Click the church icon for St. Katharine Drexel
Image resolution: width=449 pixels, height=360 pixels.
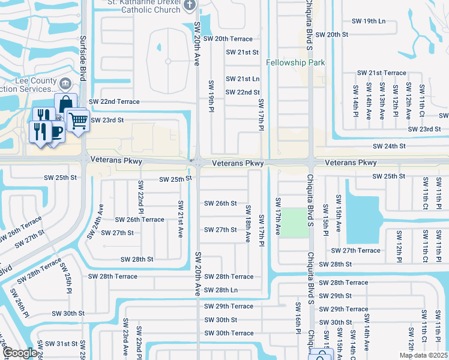click(190, 6)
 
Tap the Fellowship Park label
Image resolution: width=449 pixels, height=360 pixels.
click(295, 62)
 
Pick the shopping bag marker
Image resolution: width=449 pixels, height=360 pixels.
click(65, 104)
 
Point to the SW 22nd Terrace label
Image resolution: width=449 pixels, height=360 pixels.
click(114, 102)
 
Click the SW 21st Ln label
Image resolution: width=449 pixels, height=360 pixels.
click(243, 79)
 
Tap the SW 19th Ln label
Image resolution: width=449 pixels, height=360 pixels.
click(369, 21)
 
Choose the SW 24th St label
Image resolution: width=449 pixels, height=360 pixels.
click(389, 146)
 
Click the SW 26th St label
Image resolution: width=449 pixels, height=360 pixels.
click(220, 203)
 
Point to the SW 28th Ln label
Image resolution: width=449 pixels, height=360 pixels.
click(221, 290)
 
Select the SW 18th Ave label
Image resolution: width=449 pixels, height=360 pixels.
click(247, 223)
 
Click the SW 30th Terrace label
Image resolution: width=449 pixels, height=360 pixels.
click(229, 334)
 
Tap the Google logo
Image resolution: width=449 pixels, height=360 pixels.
click(20, 353)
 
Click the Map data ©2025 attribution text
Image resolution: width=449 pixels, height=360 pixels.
click(423, 355)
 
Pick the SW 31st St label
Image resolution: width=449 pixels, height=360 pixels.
click(58, 344)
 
